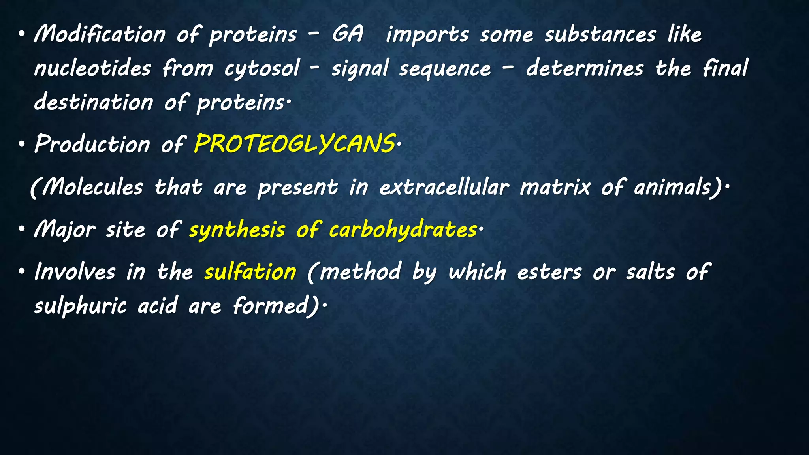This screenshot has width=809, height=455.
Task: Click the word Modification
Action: click(x=100, y=34)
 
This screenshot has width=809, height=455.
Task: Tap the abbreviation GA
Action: click(x=347, y=34)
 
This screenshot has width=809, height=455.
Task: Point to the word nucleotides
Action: click(x=93, y=68)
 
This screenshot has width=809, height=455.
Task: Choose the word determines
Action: click(x=585, y=68)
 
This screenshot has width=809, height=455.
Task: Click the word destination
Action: click(x=94, y=102)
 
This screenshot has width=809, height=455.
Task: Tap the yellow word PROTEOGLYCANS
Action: click(x=294, y=144)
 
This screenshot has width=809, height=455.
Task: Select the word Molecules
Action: click(x=93, y=186)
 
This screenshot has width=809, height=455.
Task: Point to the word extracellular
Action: click(x=444, y=187)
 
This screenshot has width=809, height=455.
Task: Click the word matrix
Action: click(x=555, y=187)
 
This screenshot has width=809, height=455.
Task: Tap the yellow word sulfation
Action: click(x=250, y=272)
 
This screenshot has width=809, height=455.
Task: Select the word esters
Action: click(x=549, y=273)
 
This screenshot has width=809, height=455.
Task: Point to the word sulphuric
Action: click(x=80, y=306)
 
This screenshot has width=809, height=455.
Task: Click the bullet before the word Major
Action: click(x=22, y=229)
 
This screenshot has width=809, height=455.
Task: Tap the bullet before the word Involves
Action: click(x=22, y=272)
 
